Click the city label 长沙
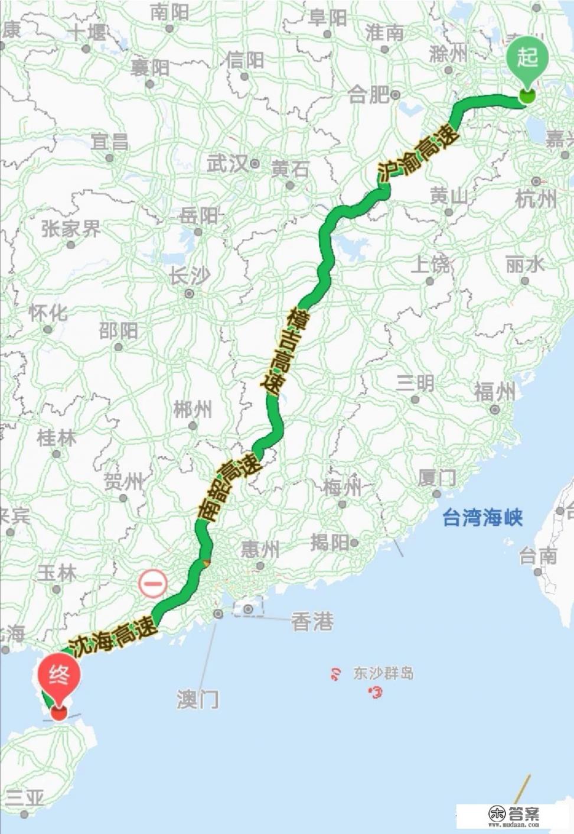click(x=189, y=276)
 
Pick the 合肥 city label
click(x=369, y=95)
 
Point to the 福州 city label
click(x=495, y=392)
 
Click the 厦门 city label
click(x=437, y=478)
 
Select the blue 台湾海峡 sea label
click(x=482, y=518)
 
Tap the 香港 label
click(x=312, y=621)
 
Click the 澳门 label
click(x=198, y=699)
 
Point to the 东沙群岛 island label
click(x=383, y=673)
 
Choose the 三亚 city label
click(x=25, y=798)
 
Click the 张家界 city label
click(x=71, y=229)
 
